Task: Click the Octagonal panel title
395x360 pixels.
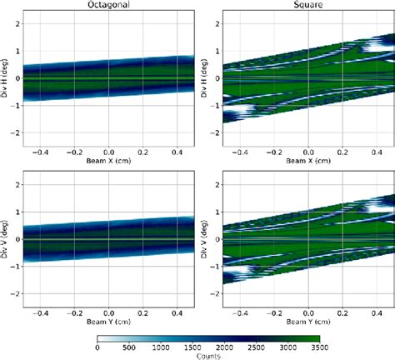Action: [x=109, y=5]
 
